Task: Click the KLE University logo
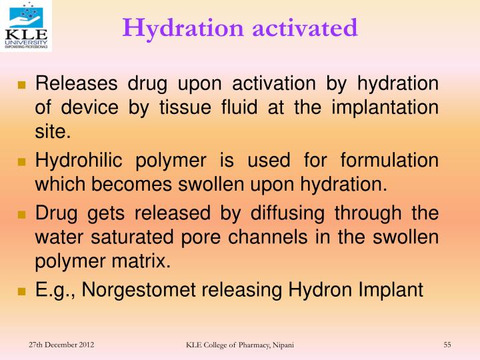pos(26,26)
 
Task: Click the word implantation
pos(392,107)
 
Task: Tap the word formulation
pos(390,161)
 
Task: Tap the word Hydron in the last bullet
pos(316,290)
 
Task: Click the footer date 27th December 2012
pos(61,344)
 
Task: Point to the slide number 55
pos(447,344)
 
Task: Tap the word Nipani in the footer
pos(281,345)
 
